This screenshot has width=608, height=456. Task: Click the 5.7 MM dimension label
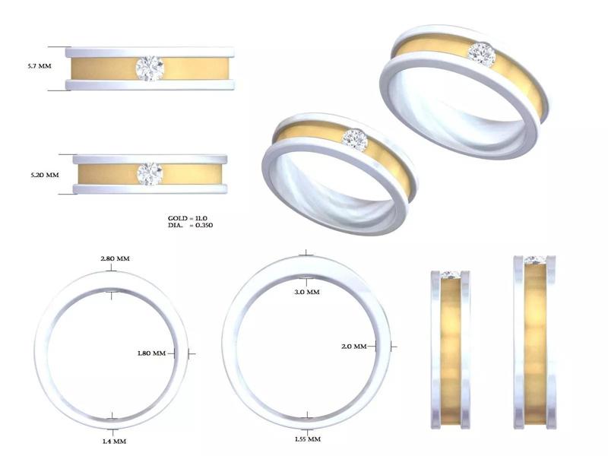(x=39, y=67)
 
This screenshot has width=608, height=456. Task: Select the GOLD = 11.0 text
(x=188, y=218)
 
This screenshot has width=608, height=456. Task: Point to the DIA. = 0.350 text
(x=190, y=226)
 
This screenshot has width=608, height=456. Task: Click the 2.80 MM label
(x=115, y=259)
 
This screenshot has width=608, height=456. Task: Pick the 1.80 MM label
(x=151, y=353)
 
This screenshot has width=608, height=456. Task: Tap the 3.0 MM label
(x=306, y=293)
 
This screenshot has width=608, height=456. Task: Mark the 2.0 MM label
(x=354, y=347)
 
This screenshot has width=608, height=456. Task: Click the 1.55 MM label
(x=307, y=439)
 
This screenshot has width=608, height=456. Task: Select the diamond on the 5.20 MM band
(x=149, y=173)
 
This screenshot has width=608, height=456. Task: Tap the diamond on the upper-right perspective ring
(x=481, y=54)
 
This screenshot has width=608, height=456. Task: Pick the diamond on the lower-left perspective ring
(x=355, y=141)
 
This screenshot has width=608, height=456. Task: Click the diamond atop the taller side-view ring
(x=535, y=260)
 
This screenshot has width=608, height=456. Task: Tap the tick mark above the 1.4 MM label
(x=112, y=417)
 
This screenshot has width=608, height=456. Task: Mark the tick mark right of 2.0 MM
(x=392, y=346)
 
